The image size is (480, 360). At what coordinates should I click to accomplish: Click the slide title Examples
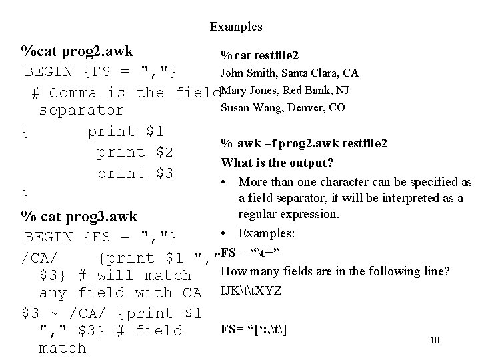pos(236,27)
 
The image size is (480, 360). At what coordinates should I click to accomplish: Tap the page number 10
pos(434,340)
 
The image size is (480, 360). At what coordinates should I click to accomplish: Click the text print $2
pos(135,153)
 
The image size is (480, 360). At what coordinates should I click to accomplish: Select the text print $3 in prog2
pos(135,174)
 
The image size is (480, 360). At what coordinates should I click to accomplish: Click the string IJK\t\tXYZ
pos(251,291)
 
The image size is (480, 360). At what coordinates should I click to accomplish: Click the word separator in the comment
pos(81,110)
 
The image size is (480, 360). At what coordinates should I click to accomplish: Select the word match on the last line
pos(63,348)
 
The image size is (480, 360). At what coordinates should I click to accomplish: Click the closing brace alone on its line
pos(25,195)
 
